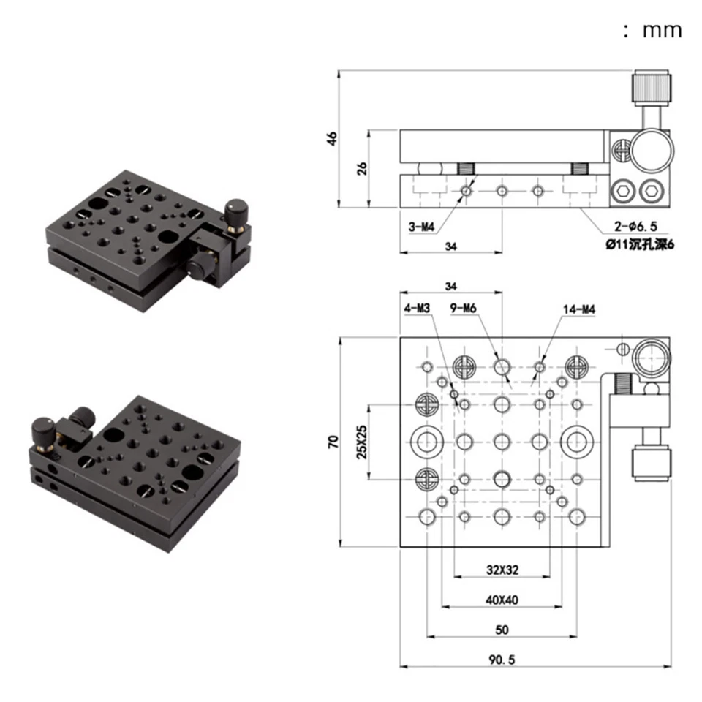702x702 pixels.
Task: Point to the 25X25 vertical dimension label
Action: coord(359,442)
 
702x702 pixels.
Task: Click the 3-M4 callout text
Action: coord(422,227)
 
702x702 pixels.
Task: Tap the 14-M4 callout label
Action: coord(580,309)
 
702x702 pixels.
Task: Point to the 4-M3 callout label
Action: coord(417,309)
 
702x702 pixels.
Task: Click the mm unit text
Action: coord(662,30)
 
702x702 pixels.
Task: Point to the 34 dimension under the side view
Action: coord(450,247)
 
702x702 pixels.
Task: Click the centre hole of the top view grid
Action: coord(502,441)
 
